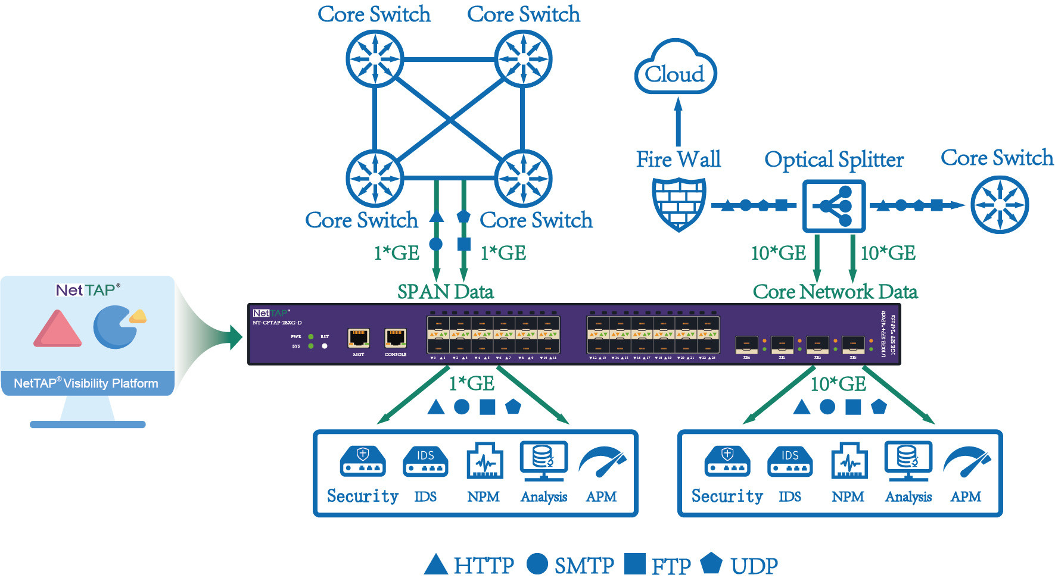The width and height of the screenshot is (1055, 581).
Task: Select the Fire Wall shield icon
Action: pos(679,204)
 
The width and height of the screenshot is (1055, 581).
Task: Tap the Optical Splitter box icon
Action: pos(833,206)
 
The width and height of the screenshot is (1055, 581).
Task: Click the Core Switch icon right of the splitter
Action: pos(1000,205)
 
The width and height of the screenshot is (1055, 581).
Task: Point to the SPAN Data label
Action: pos(446,292)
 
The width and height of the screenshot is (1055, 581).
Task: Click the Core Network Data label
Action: pos(835,292)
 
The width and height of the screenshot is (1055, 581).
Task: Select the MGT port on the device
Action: pos(359,338)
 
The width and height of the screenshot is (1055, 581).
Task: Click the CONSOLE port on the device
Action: pos(396,338)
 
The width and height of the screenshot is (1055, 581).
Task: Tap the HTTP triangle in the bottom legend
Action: pos(436,565)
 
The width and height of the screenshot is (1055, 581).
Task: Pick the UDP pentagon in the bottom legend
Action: pos(711,563)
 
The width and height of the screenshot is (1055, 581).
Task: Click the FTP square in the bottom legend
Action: pos(635,564)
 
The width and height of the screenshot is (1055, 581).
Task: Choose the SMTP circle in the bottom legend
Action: pos(537,564)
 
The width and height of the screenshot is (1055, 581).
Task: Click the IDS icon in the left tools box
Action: pos(425,461)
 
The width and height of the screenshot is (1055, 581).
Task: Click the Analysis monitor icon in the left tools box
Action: pos(543,460)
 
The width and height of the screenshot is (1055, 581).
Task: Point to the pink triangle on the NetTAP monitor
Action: pos(57,330)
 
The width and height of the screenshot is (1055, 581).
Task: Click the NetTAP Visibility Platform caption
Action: pos(86,383)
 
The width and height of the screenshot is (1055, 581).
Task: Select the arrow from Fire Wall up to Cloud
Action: pos(678,122)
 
